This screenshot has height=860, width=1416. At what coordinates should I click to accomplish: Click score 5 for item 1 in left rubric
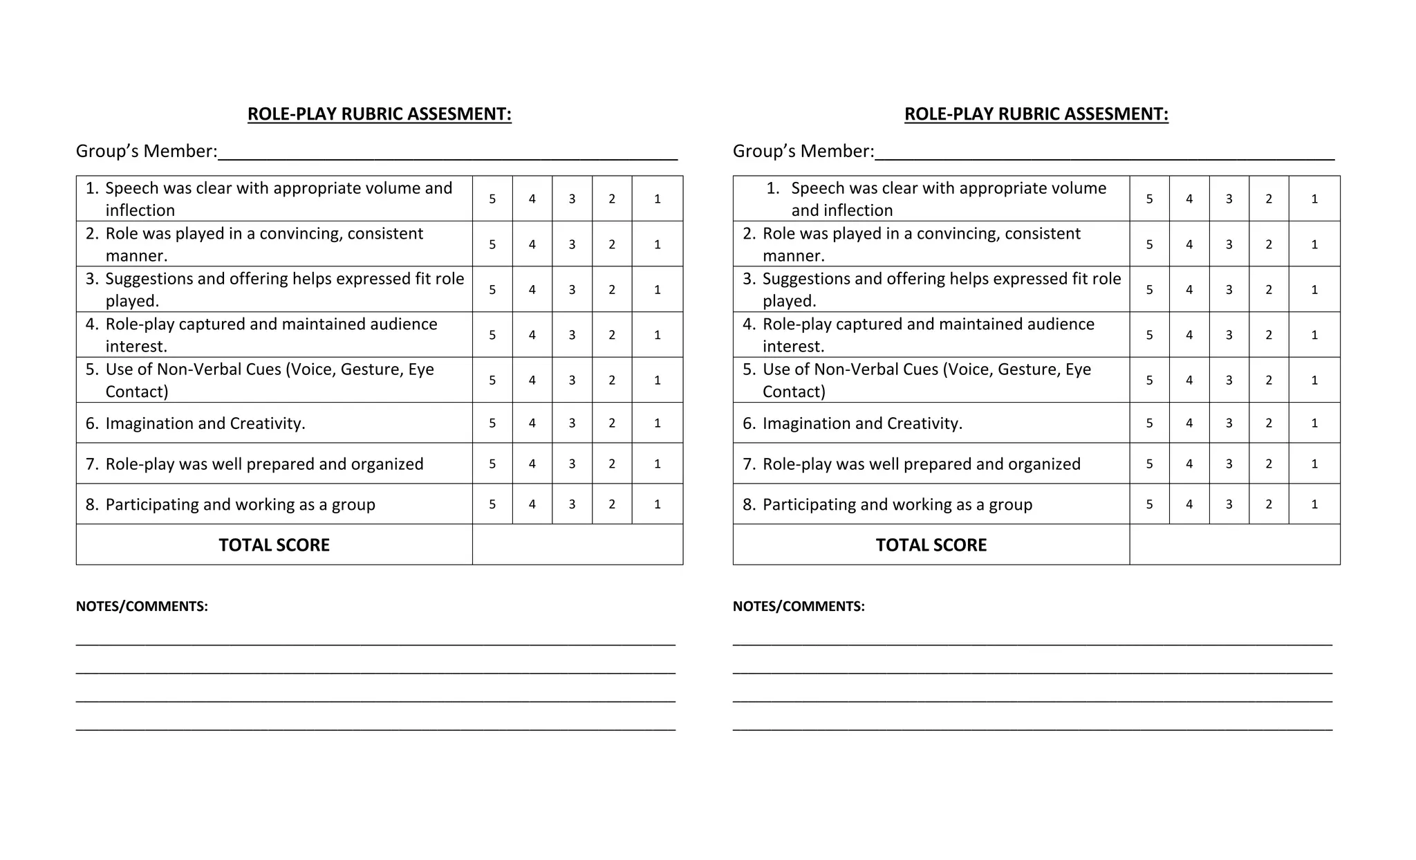[492, 199]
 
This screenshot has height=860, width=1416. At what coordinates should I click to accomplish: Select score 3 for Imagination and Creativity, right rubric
[1229, 423]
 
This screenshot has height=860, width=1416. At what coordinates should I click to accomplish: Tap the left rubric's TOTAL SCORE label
[274, 545]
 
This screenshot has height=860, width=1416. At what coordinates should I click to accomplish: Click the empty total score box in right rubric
[1234, 545]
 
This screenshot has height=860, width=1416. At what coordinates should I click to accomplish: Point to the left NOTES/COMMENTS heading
[142, 607]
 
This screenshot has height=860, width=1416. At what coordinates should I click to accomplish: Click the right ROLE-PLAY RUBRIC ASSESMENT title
[1036, 114]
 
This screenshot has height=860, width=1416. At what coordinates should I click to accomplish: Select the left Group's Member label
[147, 152]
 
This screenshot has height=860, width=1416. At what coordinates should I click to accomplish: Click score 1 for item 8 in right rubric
[1314, 504]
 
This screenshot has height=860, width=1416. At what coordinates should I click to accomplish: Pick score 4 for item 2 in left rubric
[532, 244]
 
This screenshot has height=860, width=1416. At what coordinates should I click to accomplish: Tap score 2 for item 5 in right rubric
[1269, 381]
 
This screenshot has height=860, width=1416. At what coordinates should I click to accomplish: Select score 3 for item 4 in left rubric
[572, 335]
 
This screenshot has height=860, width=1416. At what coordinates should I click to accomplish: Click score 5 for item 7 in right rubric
[1149, 464]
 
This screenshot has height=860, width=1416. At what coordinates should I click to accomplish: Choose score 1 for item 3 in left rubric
[657, 290]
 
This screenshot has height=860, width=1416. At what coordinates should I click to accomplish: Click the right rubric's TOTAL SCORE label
[931, 545]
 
